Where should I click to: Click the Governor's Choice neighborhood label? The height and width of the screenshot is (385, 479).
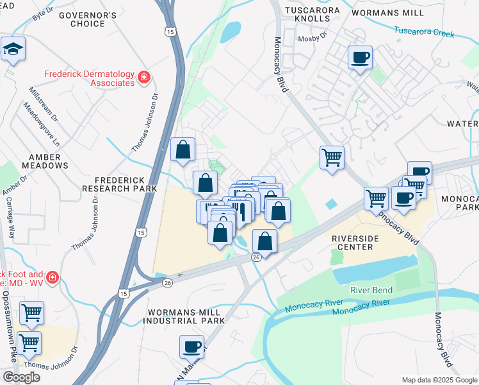point(88,19)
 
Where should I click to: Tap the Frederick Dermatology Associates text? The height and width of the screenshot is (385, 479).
point(89,78)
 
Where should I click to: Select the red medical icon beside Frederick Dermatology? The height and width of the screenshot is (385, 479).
point(144,78)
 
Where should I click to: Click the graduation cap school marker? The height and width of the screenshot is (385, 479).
point(13,50)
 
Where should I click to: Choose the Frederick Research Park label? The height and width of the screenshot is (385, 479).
point(120,185)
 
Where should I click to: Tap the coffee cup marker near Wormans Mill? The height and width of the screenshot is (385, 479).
point(359,58)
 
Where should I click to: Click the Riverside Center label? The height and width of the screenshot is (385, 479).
point(352,242)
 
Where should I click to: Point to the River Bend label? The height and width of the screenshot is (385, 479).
point(371,290)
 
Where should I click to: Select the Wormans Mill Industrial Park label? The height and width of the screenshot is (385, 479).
point(186,316)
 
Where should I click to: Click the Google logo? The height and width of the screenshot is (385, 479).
point(21,377)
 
